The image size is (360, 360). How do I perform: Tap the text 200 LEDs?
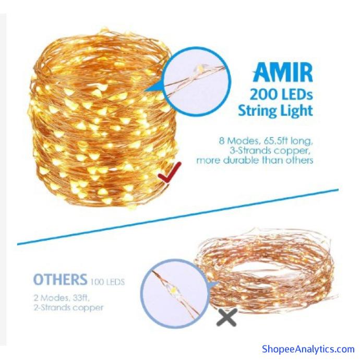(281, 94)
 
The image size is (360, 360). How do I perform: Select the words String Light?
(275, 111)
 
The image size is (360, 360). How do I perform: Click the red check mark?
(170, 173)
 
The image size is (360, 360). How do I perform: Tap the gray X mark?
(227, 317)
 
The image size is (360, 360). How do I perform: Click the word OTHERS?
(61, 280)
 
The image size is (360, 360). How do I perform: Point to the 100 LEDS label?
(107, 282)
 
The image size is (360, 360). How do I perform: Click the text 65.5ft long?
(286, 140)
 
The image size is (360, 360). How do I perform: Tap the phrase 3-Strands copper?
(271, 151)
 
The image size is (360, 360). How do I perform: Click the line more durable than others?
(255, 160)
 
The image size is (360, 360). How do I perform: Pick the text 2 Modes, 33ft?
(62, 298)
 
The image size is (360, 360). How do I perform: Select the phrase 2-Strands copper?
(69, 308)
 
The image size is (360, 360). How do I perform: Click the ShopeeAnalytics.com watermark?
(308, 349)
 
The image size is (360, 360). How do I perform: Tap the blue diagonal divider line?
(178, 217)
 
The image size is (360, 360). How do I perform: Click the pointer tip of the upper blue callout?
(144, 91)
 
